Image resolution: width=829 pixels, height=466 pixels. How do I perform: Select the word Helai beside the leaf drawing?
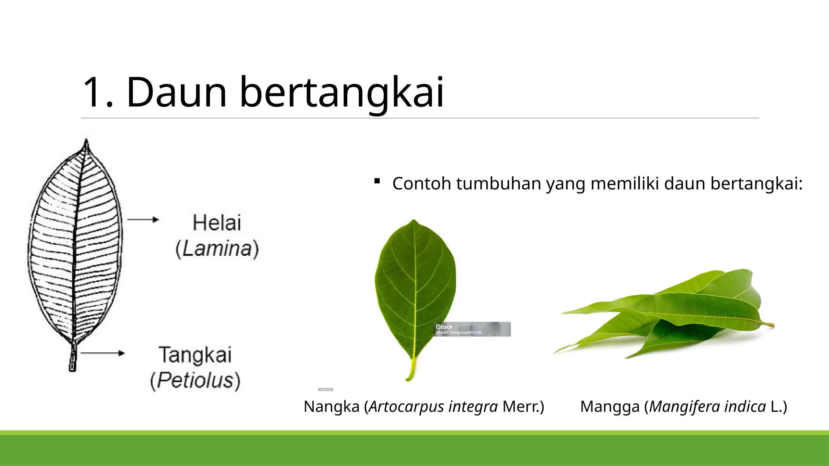click(x=217, y=223)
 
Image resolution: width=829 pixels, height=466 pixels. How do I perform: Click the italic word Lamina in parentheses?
click(x=217, y=248)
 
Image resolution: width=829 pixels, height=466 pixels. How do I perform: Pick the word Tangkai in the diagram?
click(x=195, y=355)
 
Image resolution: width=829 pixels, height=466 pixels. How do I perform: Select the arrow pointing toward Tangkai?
click(x=102, y=353)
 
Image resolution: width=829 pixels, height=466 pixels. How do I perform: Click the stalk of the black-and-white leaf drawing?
click(x=72, y=358)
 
